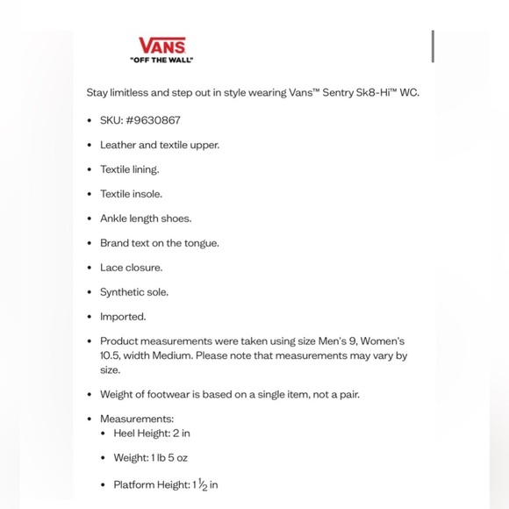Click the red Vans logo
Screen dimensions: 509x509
[161, 45]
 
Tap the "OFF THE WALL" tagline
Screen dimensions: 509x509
[161, 61]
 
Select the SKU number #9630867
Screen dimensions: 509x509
[154, 120]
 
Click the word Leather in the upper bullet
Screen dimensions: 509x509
[118, 145]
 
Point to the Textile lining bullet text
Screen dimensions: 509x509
[129, 169]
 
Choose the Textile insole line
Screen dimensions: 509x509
[131, 194]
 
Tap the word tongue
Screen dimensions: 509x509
[202, 243]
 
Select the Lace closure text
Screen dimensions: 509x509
[131, 268]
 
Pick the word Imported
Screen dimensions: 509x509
[123, 317]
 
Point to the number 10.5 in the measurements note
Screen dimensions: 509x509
[111, 355]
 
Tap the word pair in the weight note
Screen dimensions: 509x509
[348, 394]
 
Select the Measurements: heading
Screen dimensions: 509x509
[137, 419]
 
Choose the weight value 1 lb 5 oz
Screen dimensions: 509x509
[168, 458]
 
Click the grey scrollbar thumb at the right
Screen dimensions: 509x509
[433, 46]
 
